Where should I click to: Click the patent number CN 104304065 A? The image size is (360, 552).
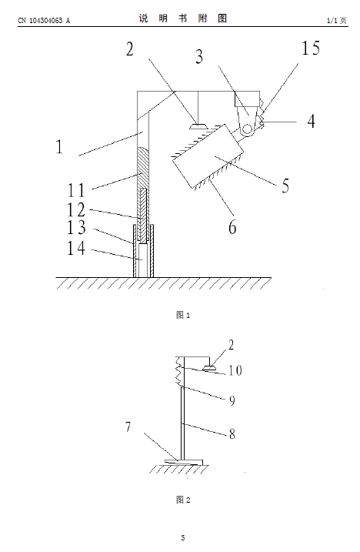coord(44,21)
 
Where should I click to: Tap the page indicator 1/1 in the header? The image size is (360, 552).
coord(332,21)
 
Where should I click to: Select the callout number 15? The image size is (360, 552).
coord(311,48)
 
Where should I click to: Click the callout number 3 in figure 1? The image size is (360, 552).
coord(199,57)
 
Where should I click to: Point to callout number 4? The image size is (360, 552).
coord(311,121)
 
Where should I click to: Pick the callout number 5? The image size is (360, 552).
coord(285,186)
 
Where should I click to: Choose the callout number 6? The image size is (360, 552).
coord(232,227)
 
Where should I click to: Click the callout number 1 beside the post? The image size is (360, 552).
coord(59,146)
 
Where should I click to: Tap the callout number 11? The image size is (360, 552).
coord(76,190)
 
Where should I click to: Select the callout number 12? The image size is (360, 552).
coord(76,209)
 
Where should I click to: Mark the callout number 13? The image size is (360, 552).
coord(76,227)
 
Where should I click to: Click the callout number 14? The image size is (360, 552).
coord(76,248)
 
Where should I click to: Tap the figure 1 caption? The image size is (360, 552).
coord(183,315)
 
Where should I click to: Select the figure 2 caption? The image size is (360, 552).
coord(183,500)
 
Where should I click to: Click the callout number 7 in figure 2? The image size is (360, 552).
coord(128,427)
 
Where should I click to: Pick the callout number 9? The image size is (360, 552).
coord(232,401)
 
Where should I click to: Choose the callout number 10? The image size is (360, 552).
coord(235,370)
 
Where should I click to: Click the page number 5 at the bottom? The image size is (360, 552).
coord(183,537)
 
